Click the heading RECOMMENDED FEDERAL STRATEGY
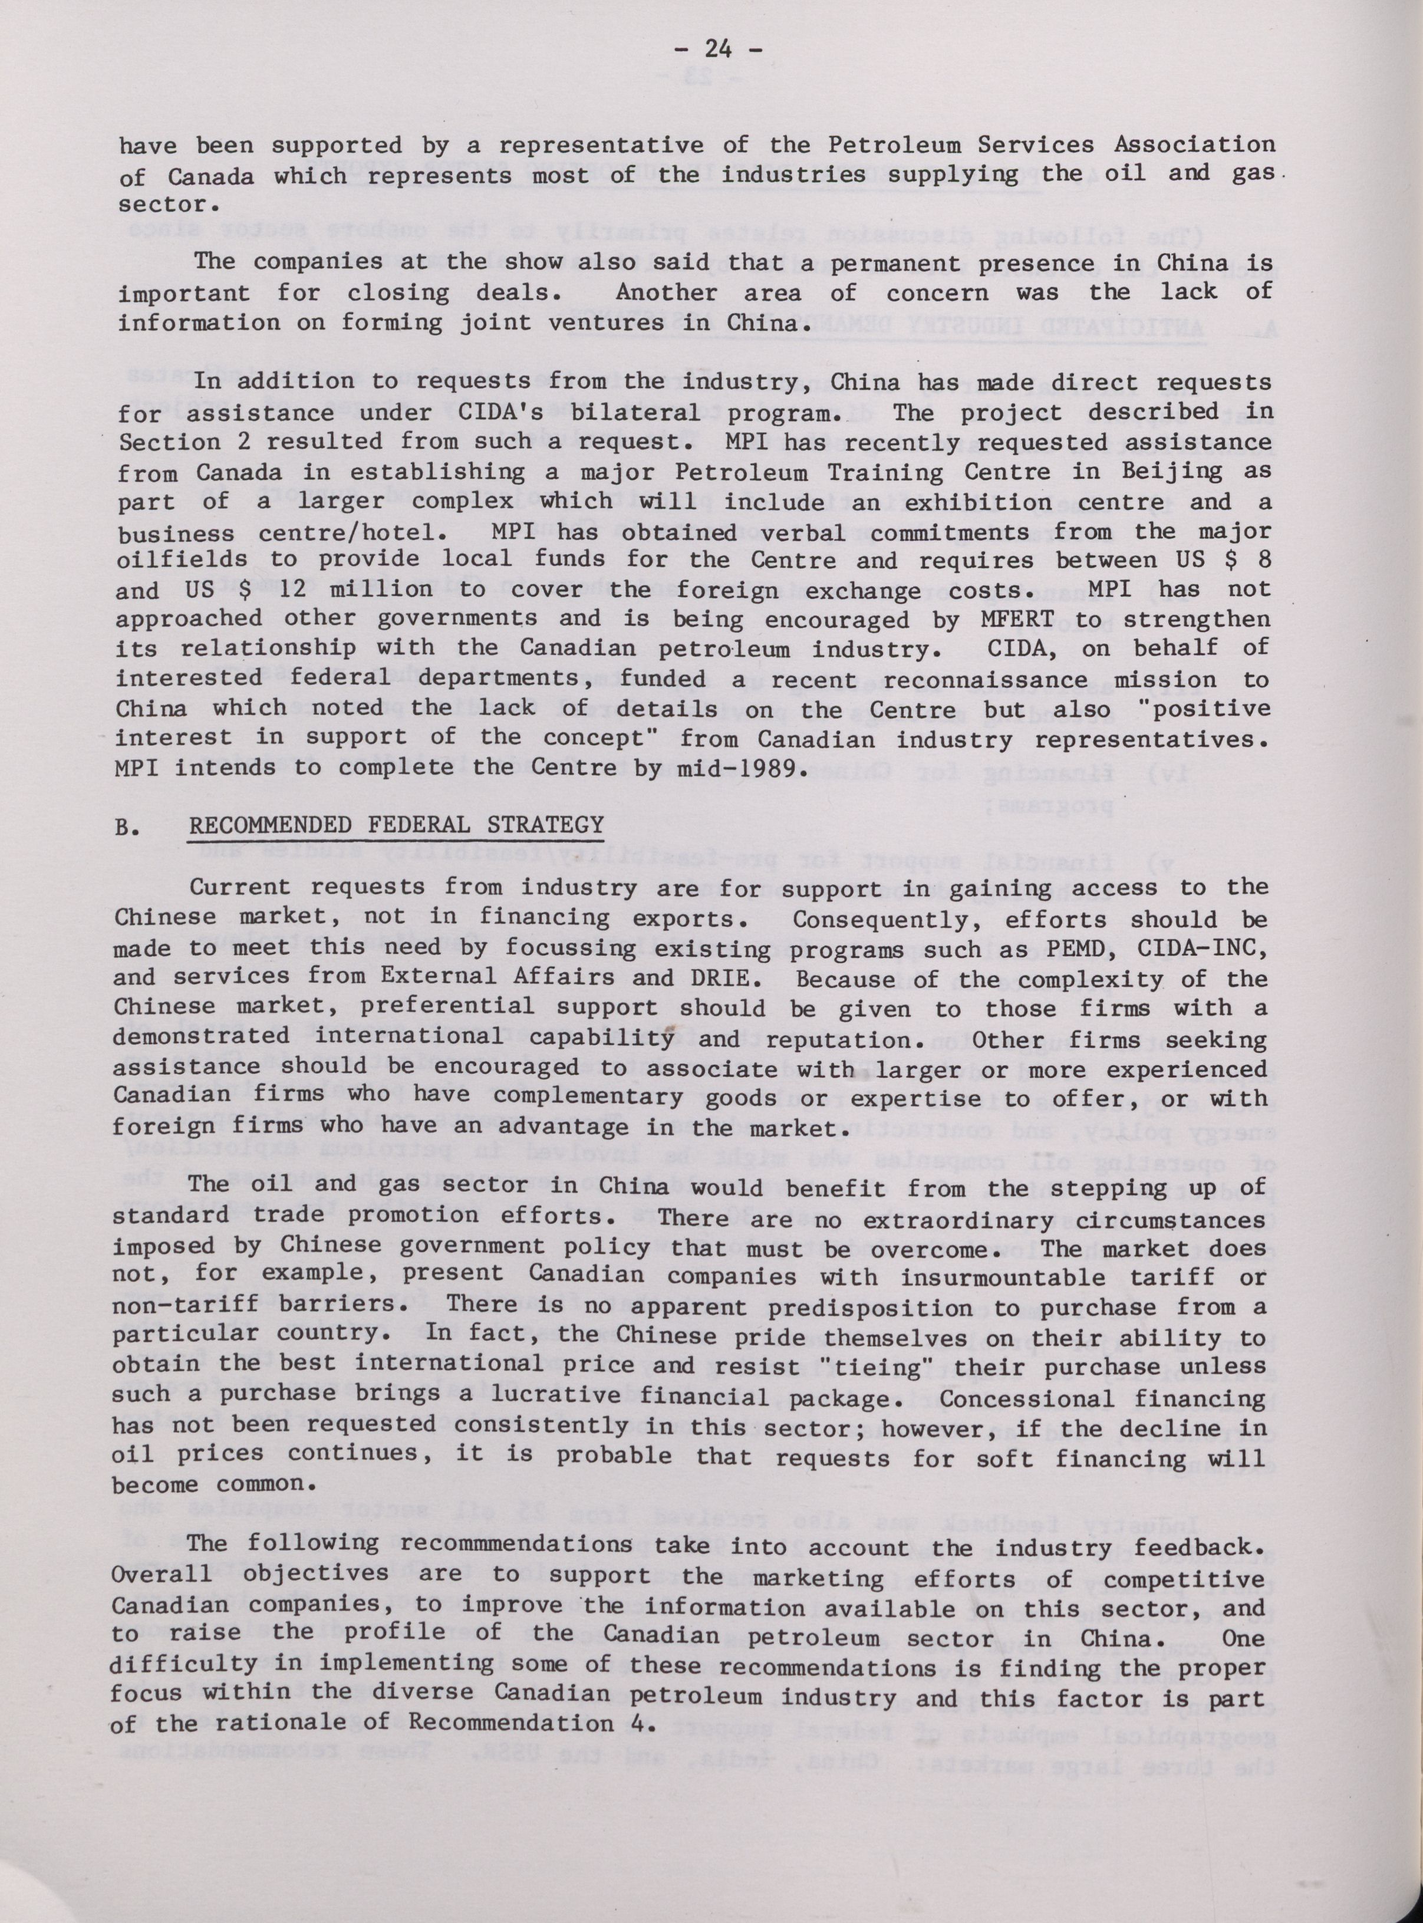(396, 825)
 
